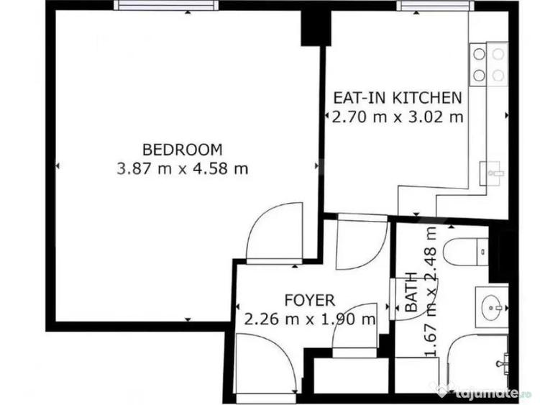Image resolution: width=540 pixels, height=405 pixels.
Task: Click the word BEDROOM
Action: (182, 150)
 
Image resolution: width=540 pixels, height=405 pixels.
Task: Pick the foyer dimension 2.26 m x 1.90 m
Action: (309, 319)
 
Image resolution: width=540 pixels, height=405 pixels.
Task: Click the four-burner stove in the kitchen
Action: (488, 63)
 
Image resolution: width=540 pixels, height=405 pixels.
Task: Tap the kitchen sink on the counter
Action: (493, 172)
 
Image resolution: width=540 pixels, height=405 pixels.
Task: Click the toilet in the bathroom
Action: (463, 251)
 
